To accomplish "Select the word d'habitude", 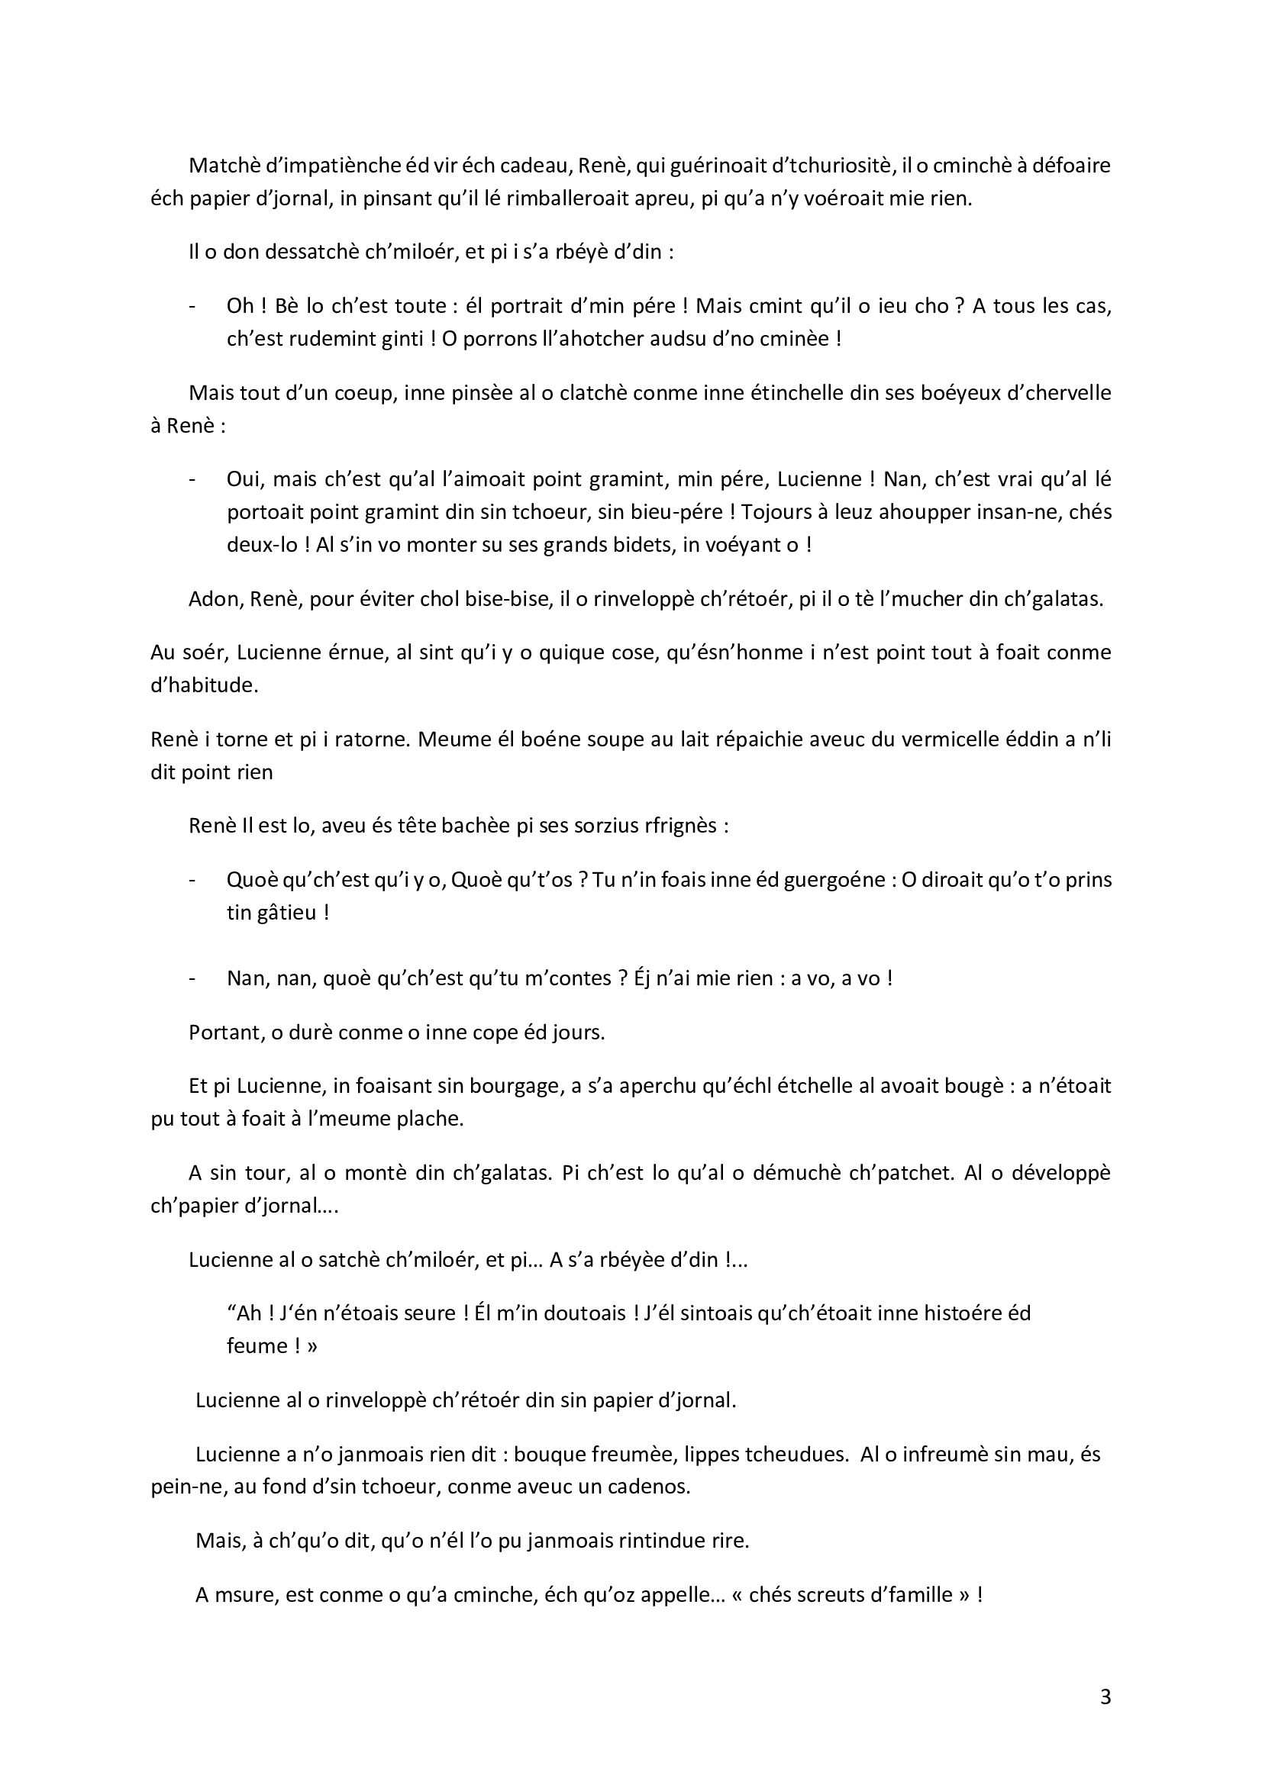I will click(204, 687).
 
